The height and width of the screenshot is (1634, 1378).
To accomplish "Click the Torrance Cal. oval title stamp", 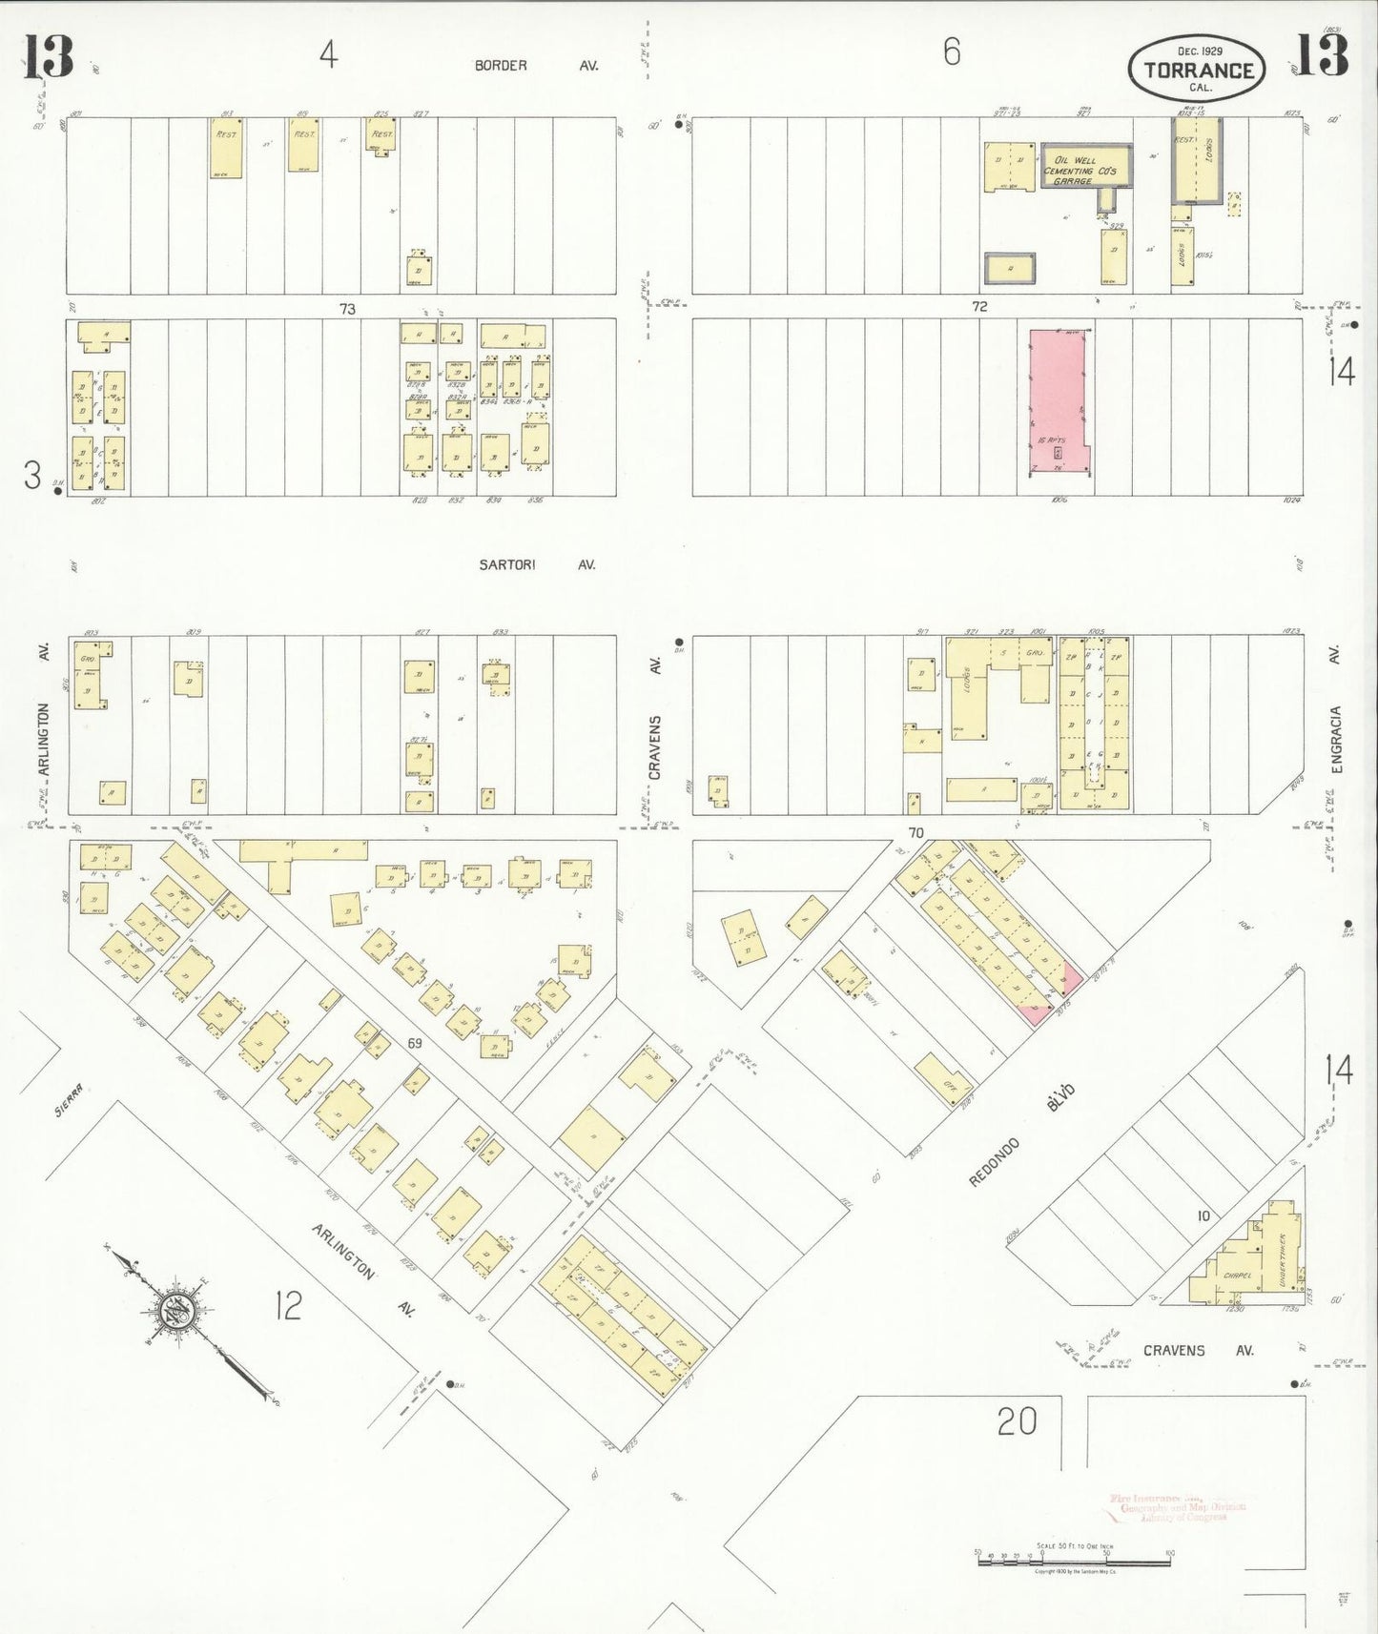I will tap(1198, 70).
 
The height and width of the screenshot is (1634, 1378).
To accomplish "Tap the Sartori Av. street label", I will tap(536, 564).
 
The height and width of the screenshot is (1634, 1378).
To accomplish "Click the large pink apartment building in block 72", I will tap(1057, 401).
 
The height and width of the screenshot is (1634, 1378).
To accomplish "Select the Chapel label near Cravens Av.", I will tap(1236, 1275).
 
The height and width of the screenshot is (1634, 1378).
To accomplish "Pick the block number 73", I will tap(347, 309).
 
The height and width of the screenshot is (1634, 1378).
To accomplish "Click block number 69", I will tap(414, 1044).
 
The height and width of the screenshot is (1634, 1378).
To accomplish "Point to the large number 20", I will tap(1017, 1421).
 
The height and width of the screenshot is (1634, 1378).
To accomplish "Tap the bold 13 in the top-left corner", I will tap(48, 57).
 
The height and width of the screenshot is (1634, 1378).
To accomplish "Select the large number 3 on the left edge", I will tap(32, 475).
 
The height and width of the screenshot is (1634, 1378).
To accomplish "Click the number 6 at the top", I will tap(951, 51).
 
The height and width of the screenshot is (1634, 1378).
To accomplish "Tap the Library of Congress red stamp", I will tap(1178, 1507).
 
